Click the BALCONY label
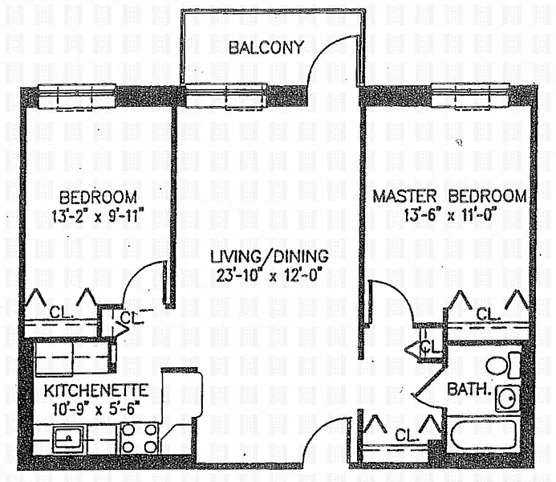tap(266, 47)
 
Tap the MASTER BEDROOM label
tap(450, 196)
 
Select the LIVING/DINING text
tap(270, 257)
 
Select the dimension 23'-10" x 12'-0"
tap(270, 276)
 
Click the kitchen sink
tap(69, 439)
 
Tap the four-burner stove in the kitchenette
tap(139, 439)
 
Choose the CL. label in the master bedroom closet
tap(487, 313)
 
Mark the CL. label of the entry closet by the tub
tap(407, 435)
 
